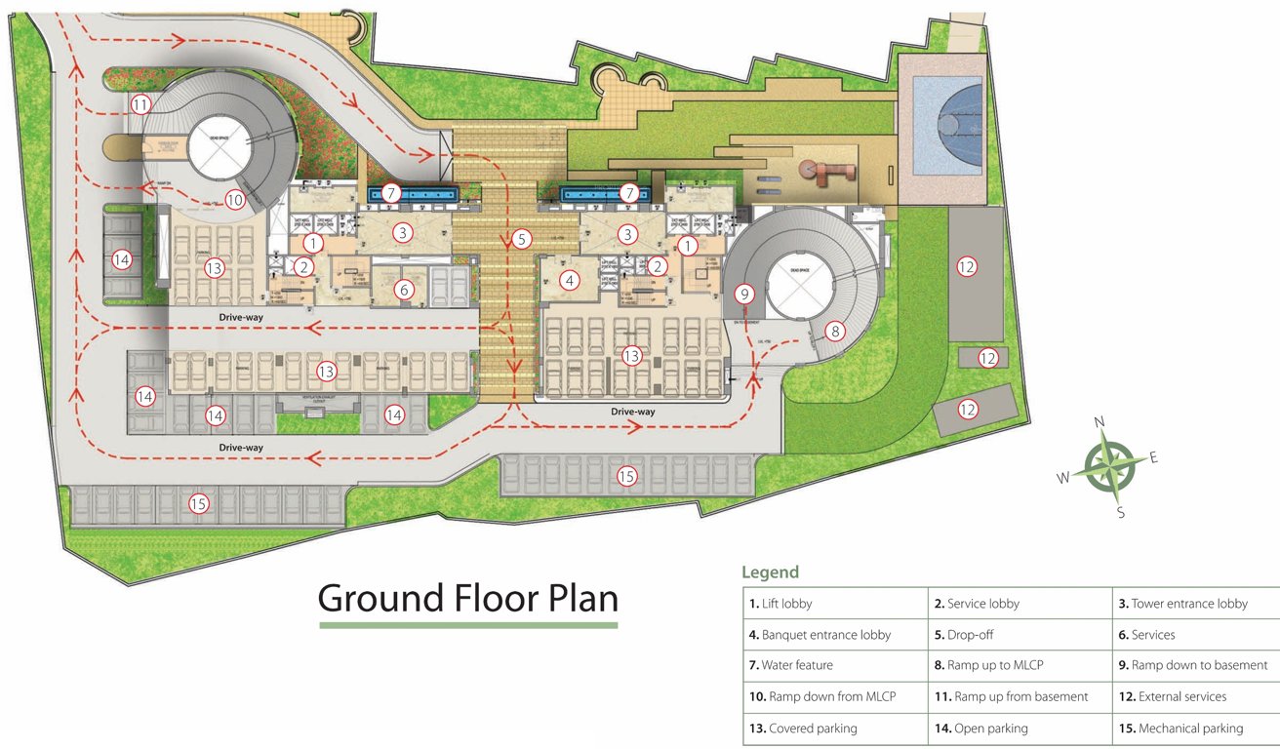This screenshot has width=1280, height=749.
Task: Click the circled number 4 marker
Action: pos(570,281)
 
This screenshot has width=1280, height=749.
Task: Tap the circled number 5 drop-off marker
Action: pos(522,238)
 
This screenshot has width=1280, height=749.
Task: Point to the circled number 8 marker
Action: pos(835,331)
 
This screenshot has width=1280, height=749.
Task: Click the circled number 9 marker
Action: pos(745,293)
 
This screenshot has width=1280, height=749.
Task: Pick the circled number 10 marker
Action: pos(234,200)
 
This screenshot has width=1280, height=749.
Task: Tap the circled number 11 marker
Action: pos(141,104)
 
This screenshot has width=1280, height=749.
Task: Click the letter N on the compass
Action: pos(1100,421)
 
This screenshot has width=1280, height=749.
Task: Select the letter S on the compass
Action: pos(1120,512)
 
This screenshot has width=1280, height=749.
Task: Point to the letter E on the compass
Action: pos(1153,457)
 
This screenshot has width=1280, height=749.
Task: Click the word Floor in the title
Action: pos(468,597)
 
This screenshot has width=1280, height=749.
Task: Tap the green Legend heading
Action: pos(770,572)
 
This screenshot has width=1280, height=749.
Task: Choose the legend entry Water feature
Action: pos(791,665)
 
